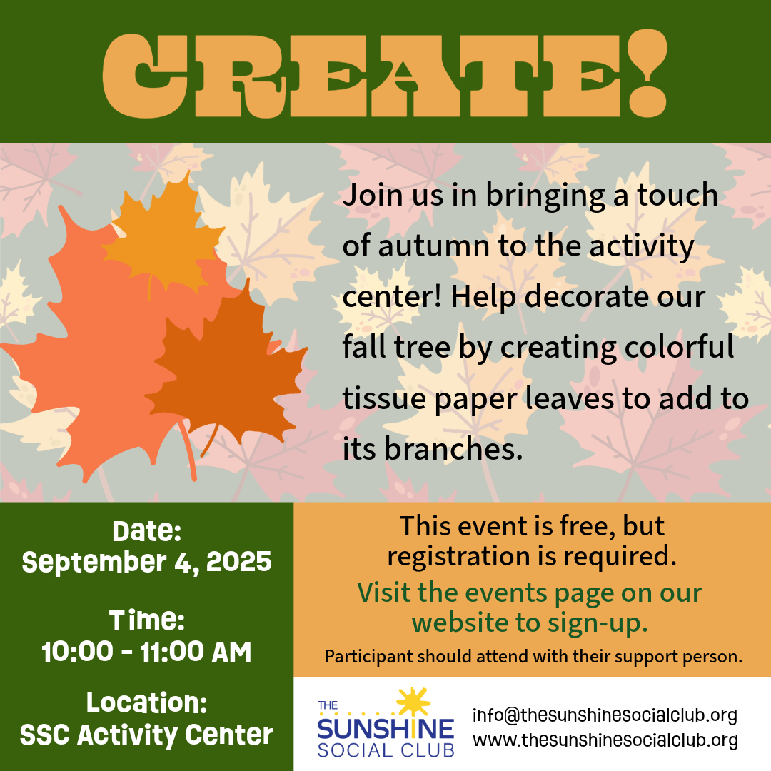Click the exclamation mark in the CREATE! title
647,73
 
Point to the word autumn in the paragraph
433,246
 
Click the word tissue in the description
384,398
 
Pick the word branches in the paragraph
453,448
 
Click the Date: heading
146,531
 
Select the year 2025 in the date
239,562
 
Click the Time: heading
146,620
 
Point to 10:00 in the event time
77,652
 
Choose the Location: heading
146,702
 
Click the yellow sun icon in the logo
413,702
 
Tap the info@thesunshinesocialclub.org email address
605,715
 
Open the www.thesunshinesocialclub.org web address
605,740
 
